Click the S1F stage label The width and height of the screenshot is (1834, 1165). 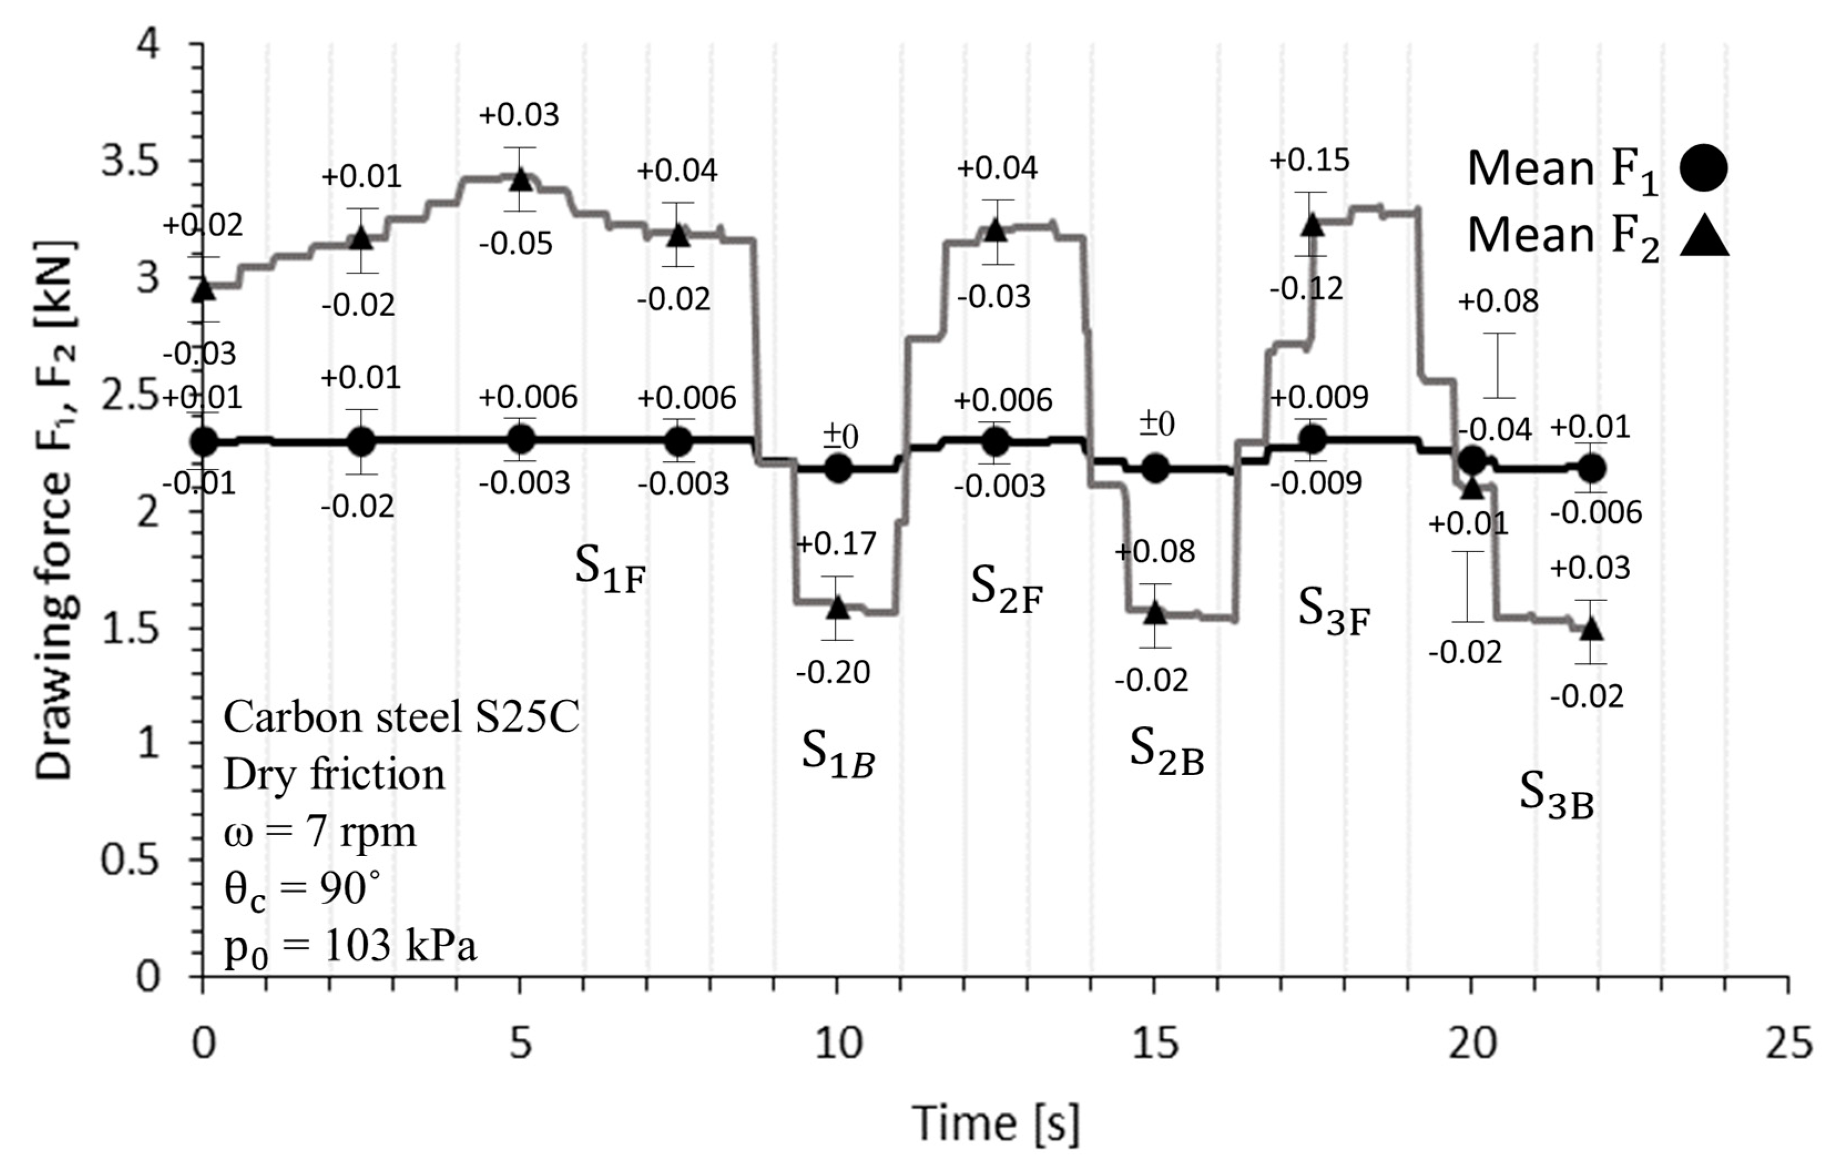[609, 568]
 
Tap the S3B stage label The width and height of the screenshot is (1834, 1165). [1556, 795]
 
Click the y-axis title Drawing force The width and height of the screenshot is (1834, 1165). [55, 511]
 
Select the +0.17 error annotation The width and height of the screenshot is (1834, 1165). [836, 544]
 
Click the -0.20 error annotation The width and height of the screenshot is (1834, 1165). [833, 673]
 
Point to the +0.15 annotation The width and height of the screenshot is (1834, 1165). [1308, 161]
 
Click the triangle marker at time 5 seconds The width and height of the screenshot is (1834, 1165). [520, 179]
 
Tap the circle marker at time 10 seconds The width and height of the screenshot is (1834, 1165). [838, 468]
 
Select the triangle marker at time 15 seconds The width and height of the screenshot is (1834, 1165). [1155, 612]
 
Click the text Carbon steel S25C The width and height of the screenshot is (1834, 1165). [401, 718]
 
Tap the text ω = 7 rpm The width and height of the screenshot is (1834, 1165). [320, 832]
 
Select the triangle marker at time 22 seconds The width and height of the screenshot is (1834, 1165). [1591, 629]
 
